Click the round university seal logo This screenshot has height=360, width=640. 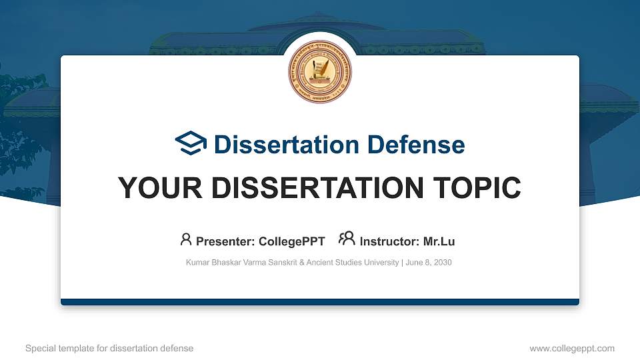point(319,73)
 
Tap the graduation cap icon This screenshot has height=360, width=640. point(191,144)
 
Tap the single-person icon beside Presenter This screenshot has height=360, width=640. point(186,239)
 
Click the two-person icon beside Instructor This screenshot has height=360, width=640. point(347,239)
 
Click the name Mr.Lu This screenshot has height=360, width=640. point(439,241)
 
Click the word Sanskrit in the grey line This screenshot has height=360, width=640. point(279,263)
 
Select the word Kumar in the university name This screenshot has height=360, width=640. point(197,263)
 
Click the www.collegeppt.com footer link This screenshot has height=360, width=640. point(572,349)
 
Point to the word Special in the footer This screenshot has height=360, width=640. point(39,349)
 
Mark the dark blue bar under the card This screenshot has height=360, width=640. point(319,302)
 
